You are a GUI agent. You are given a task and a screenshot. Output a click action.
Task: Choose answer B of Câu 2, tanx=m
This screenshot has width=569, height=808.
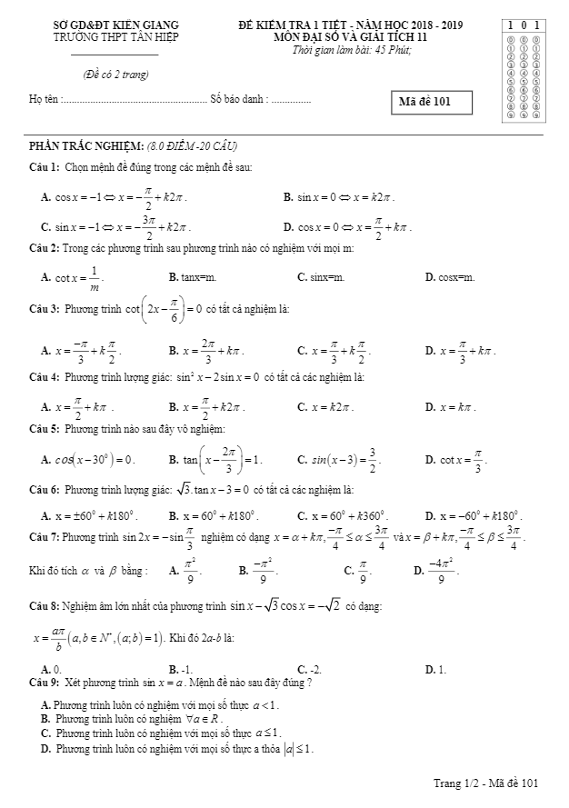[x=192, y=276]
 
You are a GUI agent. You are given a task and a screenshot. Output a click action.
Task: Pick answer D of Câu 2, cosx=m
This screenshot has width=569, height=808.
[x=450, y=276]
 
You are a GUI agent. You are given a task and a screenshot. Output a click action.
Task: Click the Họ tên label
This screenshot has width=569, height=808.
[x=44, y=97]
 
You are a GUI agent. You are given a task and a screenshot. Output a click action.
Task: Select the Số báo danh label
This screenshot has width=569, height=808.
[x=238, y=97]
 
